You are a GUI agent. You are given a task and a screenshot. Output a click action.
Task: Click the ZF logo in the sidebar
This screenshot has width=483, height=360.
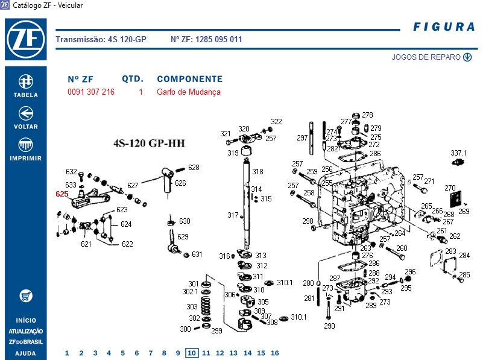coord(26,38)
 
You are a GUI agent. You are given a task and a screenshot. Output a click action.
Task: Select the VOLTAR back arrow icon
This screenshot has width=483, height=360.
coord(26,113)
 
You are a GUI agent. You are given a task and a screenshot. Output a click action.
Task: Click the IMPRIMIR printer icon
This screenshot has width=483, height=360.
coord(26,144)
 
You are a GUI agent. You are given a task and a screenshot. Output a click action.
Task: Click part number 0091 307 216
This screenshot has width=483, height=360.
coord(91,92)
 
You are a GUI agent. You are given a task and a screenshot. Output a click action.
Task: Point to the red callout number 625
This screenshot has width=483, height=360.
coord(62,194)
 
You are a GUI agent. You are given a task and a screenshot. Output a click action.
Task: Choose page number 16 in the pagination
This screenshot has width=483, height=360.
coord(275,353)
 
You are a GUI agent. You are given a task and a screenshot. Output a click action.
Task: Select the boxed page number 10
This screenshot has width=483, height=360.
coord(192,353)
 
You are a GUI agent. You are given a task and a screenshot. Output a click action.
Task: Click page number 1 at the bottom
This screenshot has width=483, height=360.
coord(67,353)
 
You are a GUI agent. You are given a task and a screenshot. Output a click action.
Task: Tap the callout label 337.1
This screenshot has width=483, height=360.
coord(459,153)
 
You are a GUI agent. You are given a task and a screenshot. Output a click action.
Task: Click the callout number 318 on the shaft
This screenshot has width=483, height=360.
coord(257,172)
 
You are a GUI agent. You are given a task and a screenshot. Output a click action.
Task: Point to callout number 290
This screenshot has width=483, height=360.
coord(329,326)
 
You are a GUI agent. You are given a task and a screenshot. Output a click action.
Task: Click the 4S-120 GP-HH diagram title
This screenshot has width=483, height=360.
coord(149,144)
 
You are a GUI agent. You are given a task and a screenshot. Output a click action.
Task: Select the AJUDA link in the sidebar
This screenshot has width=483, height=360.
coord(26,353)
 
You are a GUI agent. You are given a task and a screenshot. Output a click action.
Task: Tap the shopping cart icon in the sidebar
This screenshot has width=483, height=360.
coord(26,296)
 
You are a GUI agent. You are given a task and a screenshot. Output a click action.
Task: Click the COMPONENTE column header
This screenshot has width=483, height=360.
coord(189,79)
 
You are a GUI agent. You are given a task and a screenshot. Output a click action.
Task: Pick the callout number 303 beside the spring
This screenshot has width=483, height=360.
coord(192,306)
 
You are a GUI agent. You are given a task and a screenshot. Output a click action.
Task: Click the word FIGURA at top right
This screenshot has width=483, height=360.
coord(444,27)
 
